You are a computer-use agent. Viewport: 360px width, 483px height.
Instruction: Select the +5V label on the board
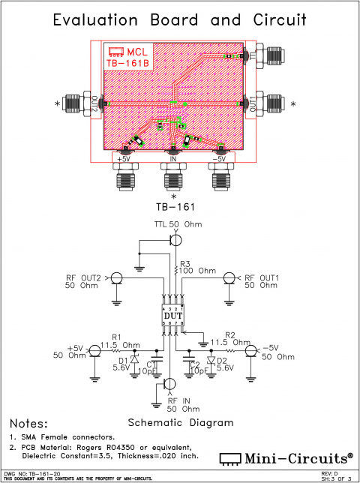pos(123,158)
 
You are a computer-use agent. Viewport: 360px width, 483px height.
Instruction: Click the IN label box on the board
pos(173,158)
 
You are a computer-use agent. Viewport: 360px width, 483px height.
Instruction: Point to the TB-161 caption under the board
pos(174,205)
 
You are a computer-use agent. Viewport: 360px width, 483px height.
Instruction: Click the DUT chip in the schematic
pos(173,315)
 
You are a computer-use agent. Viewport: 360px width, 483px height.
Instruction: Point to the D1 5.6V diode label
pos(123,364)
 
